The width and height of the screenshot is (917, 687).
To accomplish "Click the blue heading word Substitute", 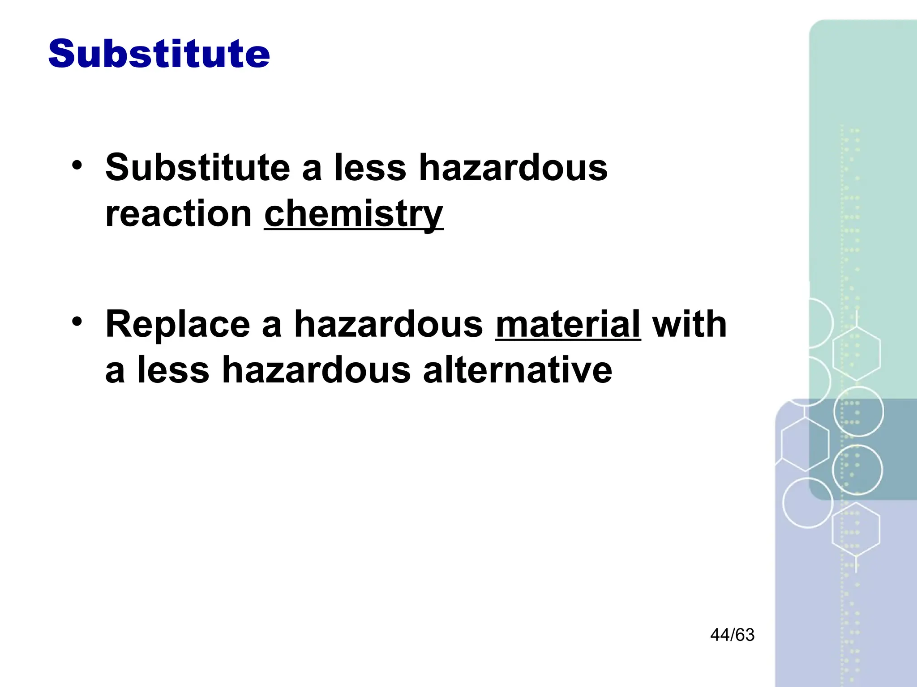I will point(159,54).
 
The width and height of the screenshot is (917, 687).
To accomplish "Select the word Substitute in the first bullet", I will point(197,168).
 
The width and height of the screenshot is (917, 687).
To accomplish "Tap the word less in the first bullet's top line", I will point(370,168).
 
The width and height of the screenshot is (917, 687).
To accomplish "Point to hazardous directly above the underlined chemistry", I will point(513,168).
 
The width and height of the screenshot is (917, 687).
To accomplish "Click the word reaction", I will point(178,214).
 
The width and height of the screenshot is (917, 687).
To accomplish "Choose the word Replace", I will point(177,324).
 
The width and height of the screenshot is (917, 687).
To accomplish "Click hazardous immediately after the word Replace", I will point(388,324).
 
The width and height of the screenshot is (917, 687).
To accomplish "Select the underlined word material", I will point(568,324).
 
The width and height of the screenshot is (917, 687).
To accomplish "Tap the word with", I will point(689,324).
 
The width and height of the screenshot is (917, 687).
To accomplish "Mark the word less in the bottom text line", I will point(173,370).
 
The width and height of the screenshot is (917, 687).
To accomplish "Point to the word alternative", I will point(517,370).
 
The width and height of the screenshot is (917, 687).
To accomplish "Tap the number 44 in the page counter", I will point(720,635).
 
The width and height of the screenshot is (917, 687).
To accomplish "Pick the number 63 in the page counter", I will point(745,635).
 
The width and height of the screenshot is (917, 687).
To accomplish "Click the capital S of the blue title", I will point(61,54).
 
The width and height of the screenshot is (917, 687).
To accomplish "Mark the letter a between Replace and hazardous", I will point(271,326).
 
